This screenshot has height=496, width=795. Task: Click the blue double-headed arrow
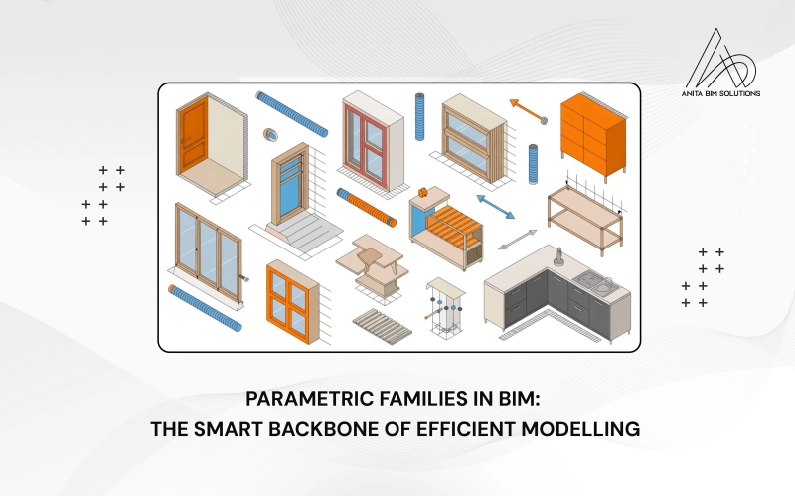coord(494,207)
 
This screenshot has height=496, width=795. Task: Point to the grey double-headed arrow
coord(518,240)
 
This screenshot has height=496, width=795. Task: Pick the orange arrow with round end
coord(529,110)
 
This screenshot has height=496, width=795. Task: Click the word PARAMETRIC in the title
coord(305,400)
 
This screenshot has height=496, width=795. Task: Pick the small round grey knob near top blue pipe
coord(268,133)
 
